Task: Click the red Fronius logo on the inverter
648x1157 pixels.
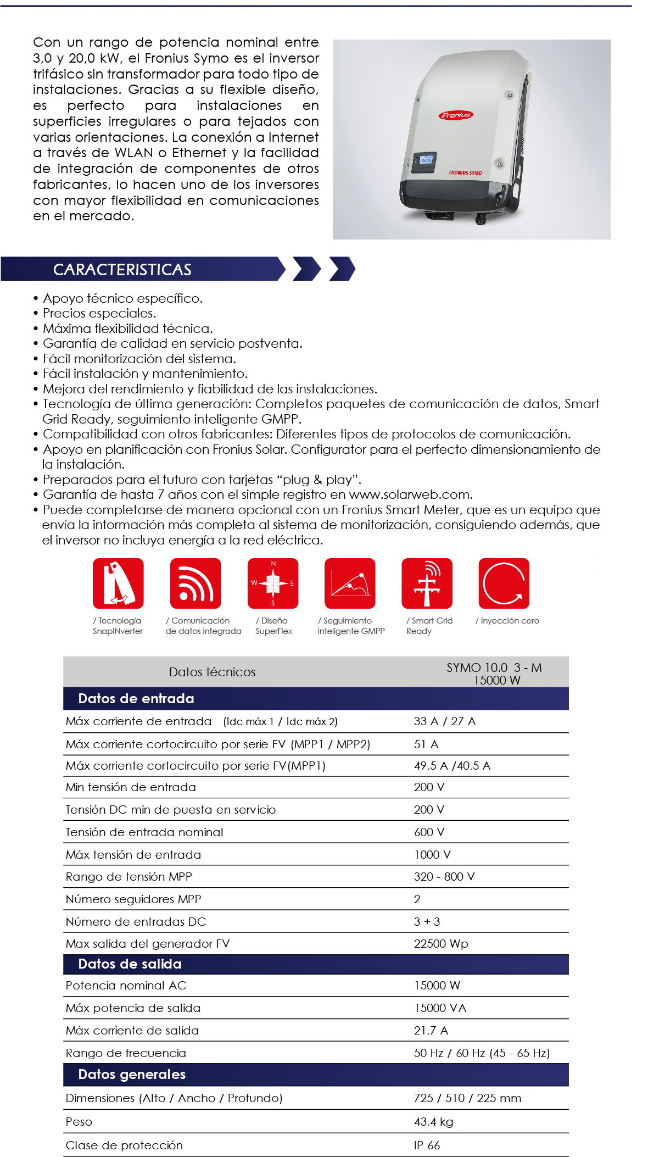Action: tap(456, 115)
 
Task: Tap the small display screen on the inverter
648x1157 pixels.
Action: tap(425, 160)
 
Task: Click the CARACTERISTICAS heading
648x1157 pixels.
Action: tap(122, 270)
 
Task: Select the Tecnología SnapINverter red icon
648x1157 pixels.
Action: tap(118, 583)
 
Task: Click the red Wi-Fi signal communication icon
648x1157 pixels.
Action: tap(195, 583)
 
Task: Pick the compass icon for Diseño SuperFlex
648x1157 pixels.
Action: tap(273, 583)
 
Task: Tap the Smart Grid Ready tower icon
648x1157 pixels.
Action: tap(427, 583)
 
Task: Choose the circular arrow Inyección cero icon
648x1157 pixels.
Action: tap(504, 583)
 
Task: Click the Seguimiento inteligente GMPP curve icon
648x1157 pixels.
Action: tap(350, 583)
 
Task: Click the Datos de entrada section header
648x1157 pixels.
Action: tap(136, 698)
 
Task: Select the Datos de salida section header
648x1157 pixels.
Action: tap(130, 964)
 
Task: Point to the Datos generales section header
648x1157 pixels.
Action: tap(132, 1074)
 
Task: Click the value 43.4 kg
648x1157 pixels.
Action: tap(433, 1121)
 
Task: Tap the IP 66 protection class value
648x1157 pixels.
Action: tap(427, 1145)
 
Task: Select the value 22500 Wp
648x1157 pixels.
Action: tap(440, 943)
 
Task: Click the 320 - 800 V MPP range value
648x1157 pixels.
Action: tap(444, 876)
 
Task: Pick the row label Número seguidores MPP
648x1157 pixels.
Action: tap(133, 899)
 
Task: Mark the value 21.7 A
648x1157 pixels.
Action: tap(431, 1030)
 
